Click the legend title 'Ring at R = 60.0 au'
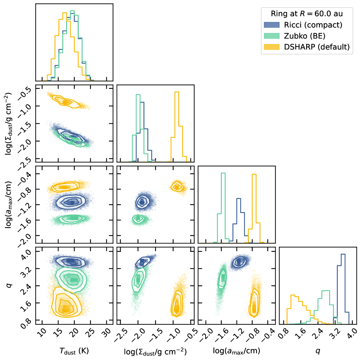[307, 14]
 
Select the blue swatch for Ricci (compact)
[272, 25]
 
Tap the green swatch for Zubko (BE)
[272, 36]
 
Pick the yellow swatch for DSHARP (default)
[272, 47]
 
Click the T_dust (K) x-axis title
[74, 351]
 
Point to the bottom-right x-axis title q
[317, 351]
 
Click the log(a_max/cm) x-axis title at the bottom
[236, 351]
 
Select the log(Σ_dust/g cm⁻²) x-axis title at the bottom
[155, 351]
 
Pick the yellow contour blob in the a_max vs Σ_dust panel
[177, 187]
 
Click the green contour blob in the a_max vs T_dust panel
[73, 218]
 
